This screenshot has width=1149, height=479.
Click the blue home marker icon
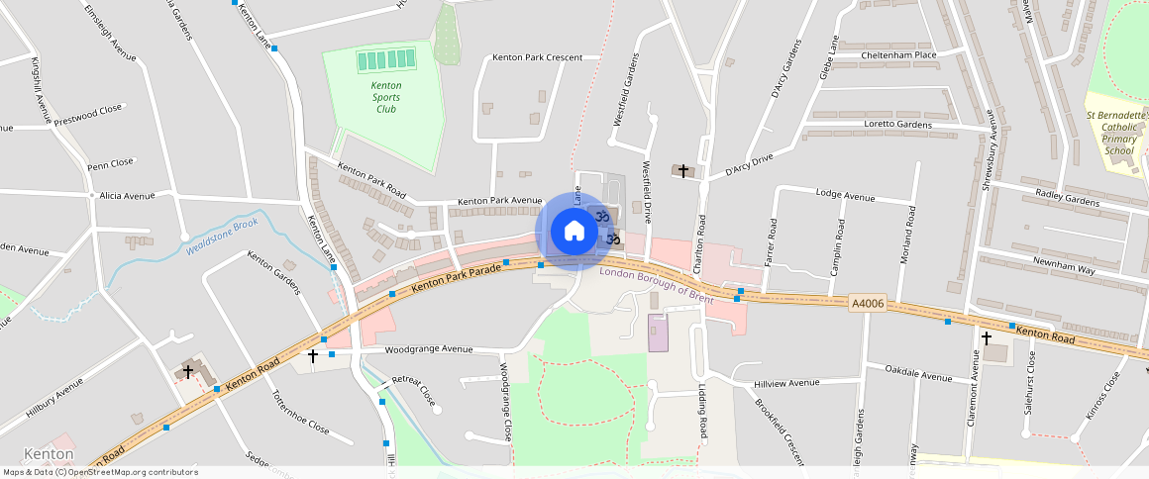pos(574,232)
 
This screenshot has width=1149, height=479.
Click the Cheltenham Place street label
pos(898,55)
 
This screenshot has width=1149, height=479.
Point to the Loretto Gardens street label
pos(898,125)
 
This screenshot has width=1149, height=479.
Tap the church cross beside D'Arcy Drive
pos(683,171)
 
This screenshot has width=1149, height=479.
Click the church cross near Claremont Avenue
pos(987,337)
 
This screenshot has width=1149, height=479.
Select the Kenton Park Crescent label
pos(537,57)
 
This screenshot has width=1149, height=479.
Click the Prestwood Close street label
pos(88,115)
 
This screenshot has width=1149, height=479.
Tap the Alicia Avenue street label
pos(128,196)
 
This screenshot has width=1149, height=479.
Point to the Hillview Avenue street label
pos(787,382)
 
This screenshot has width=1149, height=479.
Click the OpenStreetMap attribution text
pos(100,472)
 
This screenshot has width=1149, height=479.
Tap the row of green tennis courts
pos(386,60)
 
